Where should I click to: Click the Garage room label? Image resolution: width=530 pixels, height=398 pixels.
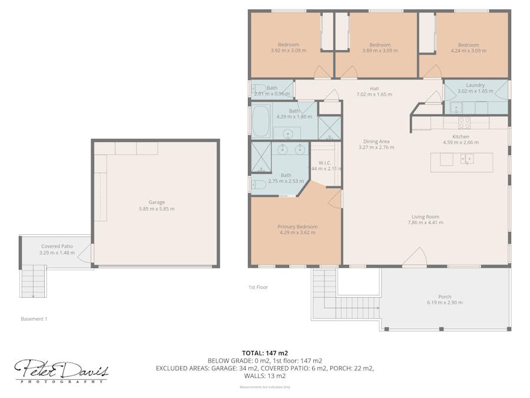156,202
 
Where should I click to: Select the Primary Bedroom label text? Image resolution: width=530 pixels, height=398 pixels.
297,226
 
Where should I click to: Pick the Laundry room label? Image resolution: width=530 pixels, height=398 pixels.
475,85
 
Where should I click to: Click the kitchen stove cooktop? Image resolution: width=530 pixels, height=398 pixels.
464,123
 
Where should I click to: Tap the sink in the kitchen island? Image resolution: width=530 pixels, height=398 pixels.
468,159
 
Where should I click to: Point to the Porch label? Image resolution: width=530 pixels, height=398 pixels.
445,297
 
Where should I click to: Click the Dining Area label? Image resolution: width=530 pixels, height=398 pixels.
376,142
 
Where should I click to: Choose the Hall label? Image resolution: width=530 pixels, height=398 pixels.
374,88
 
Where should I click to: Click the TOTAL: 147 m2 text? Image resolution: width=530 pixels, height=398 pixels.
264,353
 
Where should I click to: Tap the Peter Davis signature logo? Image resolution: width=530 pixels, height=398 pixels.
61,371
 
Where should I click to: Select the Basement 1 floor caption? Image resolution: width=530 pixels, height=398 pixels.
34,319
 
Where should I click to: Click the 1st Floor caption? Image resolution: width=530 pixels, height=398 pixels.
258,287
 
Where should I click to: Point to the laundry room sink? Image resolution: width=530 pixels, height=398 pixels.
455,107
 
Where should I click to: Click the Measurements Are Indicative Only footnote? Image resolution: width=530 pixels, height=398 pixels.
264,387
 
